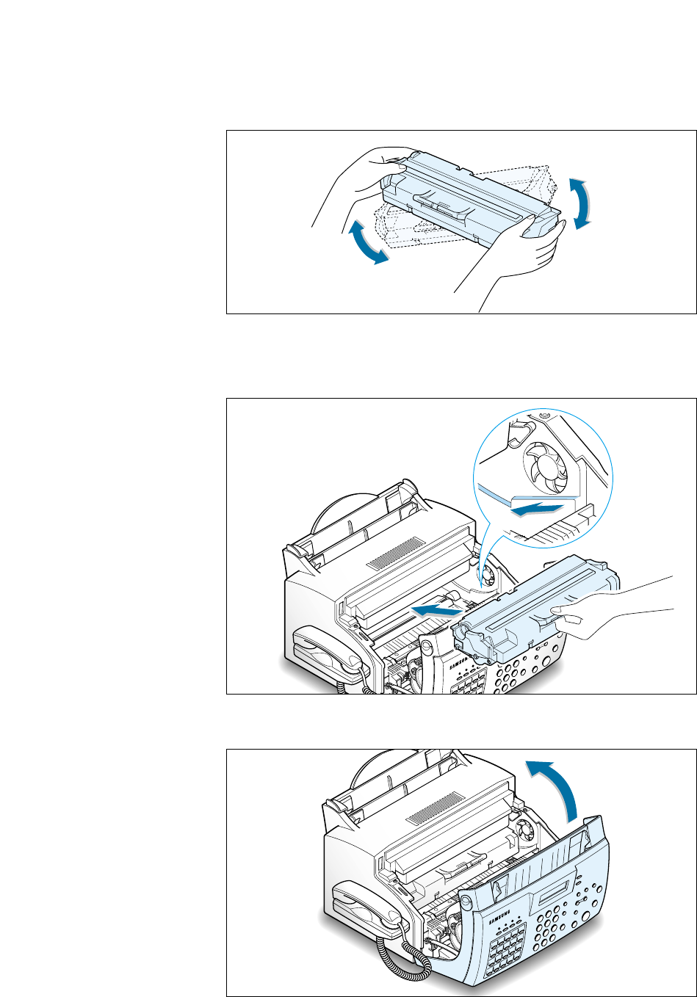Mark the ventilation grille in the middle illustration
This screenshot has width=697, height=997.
[396, 553]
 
